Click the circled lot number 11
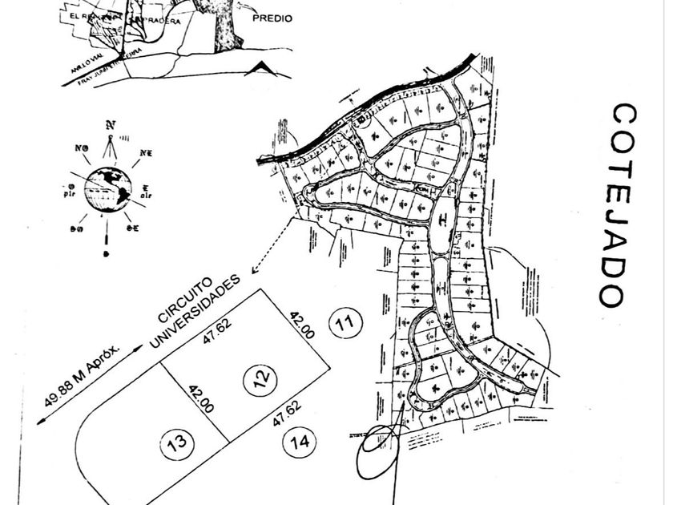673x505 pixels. click(345, 324)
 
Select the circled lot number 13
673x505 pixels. click(178, 442)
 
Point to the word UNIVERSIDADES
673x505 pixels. click(195, 315)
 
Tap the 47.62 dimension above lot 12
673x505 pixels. click(212, 334)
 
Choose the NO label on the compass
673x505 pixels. click(81, 149)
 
